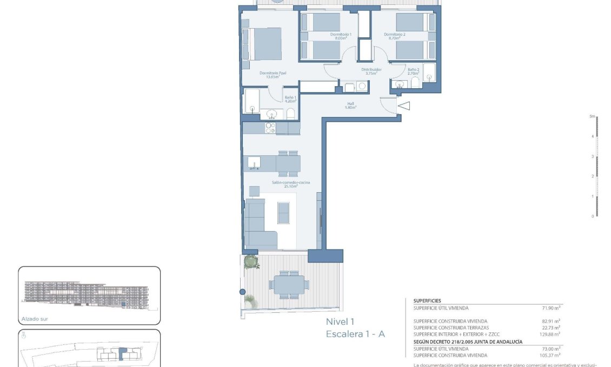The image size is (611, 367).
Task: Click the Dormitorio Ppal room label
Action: pos(273,73)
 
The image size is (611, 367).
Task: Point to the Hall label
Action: pos(350,103)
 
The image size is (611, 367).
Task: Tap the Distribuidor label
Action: pos(371,70)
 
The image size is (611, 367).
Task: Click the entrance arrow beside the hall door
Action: pos(404,107)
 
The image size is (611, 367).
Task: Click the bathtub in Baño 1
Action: pos(252,101)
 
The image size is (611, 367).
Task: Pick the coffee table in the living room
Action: pos(284,212)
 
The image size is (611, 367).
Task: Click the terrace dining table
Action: pos(289,284)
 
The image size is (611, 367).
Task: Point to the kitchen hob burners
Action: pos(269,128)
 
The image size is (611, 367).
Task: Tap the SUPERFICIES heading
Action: pos(427,300)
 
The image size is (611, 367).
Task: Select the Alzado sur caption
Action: pos(35,319)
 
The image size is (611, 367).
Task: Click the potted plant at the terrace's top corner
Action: pos(251,262)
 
